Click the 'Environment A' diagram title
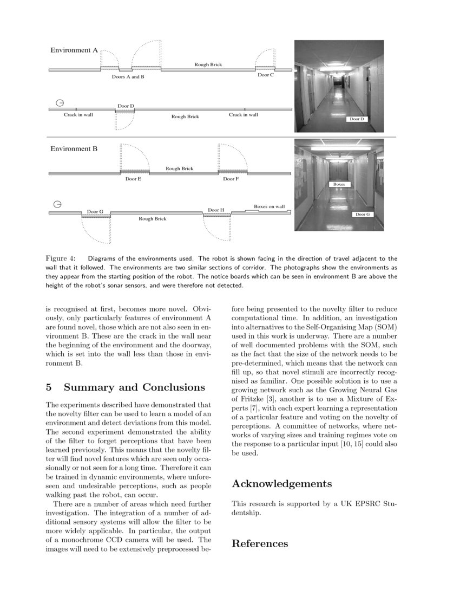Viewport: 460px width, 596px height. pos(74,50)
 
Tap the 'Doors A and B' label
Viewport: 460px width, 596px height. pos(128,77)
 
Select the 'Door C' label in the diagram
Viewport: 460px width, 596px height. pos(265,75)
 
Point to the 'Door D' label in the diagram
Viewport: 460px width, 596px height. pos(126,106)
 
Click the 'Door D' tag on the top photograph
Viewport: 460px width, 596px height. pos(357,119)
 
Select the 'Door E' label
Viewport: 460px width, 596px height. pos(133,179)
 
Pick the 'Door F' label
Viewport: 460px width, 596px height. pos(231,179)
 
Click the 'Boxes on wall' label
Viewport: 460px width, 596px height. pos(269,206)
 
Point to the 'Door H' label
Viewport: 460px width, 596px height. pos(216,210)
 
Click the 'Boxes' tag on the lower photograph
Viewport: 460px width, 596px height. pos(339,184)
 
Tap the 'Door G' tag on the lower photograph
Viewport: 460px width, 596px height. pos(363,215)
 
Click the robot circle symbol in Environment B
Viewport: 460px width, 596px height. pos(57,204)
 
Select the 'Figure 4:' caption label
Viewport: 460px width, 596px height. pos(61,258)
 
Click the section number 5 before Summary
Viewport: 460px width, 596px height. pos(49,387)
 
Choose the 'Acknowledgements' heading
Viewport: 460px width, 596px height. pos(281,483)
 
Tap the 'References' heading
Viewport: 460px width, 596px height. pos(260,543)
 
